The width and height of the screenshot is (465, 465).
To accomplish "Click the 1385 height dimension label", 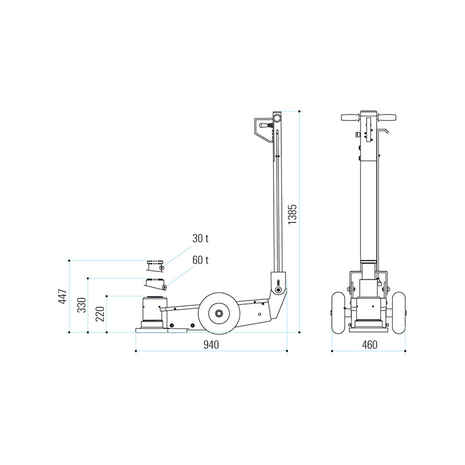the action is pyautogui.click(x=292, y=214).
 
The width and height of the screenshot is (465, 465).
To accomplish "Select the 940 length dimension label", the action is pyautogui.click(x=211, y=345).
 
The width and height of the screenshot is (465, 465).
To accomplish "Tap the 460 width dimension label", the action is pyautogui.click(x=370, y=345).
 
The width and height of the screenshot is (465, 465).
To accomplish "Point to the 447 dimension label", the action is pyautogui.click(x=63, y=296).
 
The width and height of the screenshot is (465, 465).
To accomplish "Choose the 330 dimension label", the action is pyautogui.click(x=81, y=305).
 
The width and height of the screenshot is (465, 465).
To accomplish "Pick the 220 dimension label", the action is pyautogui.click(x=100, y=314).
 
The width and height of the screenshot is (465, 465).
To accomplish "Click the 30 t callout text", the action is pyautogui.click(x=201, y=238).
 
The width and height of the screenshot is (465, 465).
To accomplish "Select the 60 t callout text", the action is pyautogui.click(x=201, y=260).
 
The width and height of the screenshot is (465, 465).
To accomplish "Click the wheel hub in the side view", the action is pyautogui.click(x=220, y=313).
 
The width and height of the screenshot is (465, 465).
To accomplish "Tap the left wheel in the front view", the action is pyautogui.click(x=338, y=312).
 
